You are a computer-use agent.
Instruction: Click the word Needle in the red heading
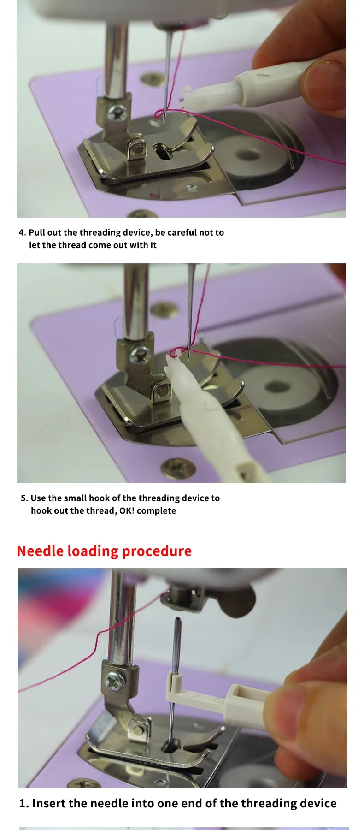pyautogui.click(x=41, y=551)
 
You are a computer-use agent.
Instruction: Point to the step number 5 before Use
pyautogui.click(x=24, y=498)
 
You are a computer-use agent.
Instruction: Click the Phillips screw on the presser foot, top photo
pyautogui.click(x=117, y=112)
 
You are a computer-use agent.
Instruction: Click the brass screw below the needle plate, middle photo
pyautogui.click(x=175, y=468)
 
